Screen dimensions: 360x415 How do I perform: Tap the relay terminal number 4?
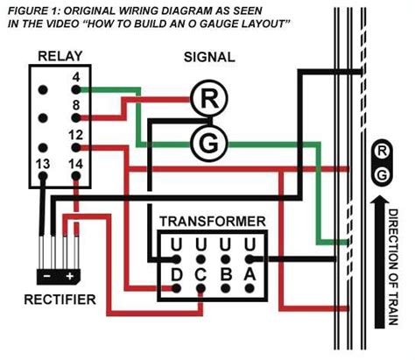(x=77, y=77)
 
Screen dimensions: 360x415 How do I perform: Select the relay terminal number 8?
(x=77, y=106)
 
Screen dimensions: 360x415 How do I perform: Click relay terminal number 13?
(x=42, y=162)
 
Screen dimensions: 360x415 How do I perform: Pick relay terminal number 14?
(x=75, y=162)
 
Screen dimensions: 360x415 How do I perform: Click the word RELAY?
(x=60, y=57)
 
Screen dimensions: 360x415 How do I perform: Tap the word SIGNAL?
(x=208, y=57)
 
